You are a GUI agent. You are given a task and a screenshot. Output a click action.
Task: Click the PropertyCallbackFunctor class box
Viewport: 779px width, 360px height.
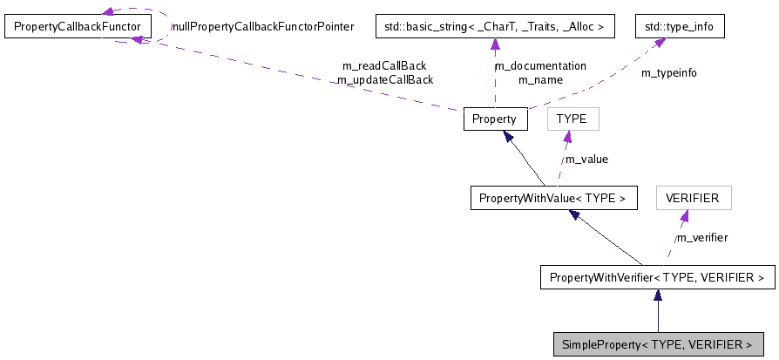click(78, 27)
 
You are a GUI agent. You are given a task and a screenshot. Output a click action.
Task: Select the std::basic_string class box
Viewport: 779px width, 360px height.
click(495, 27)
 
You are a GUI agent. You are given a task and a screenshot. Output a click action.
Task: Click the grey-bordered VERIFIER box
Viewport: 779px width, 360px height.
click(693, 198)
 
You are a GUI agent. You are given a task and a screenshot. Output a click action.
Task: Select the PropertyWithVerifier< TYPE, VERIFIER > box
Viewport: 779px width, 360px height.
click(657, 277)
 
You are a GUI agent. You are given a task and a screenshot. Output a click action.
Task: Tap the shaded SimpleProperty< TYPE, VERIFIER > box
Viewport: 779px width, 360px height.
click(657, 344)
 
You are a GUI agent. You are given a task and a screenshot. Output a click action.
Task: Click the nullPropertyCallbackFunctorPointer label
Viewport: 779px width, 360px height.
click(262, 27)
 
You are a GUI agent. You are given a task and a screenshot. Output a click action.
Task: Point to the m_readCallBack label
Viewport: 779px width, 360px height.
click(385, 65)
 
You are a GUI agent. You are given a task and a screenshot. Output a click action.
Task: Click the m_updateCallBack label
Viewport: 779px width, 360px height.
click(384, 79)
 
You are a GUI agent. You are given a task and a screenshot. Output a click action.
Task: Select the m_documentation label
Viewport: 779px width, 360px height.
click(540, 65)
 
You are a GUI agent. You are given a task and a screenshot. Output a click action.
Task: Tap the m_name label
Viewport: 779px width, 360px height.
click(540, 79)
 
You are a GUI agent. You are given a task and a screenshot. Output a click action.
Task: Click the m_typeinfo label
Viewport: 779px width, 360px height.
click(669, 73)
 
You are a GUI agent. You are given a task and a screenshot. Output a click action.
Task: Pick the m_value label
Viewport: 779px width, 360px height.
click(586, 159)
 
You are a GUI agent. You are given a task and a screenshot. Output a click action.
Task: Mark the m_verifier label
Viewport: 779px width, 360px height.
click(702, 237)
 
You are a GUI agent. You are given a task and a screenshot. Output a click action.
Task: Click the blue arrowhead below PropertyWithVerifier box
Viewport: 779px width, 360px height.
click(657, 296)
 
